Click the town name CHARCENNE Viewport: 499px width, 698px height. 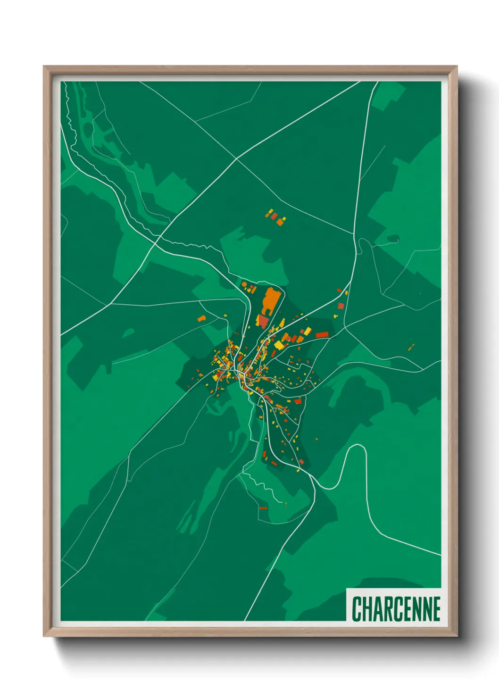point(396,609)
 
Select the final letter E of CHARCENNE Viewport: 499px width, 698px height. point(436,609)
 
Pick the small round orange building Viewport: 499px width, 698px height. point(244,284)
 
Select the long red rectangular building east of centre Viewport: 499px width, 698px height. point(322,335)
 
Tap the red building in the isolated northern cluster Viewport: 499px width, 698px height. point(274,216)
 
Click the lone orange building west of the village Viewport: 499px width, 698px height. point(202,318)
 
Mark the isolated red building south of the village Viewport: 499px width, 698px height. point(263,508)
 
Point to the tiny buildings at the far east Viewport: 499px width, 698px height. point(411,347)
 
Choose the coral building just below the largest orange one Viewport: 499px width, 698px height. point(263,321)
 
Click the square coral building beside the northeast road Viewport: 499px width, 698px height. point(341,306)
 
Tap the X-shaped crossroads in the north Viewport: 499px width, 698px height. point(236,159)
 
